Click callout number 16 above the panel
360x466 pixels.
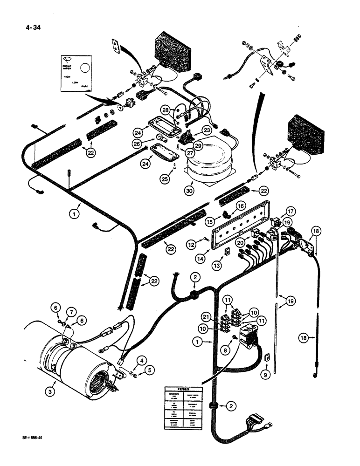click(x=241, y=206)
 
